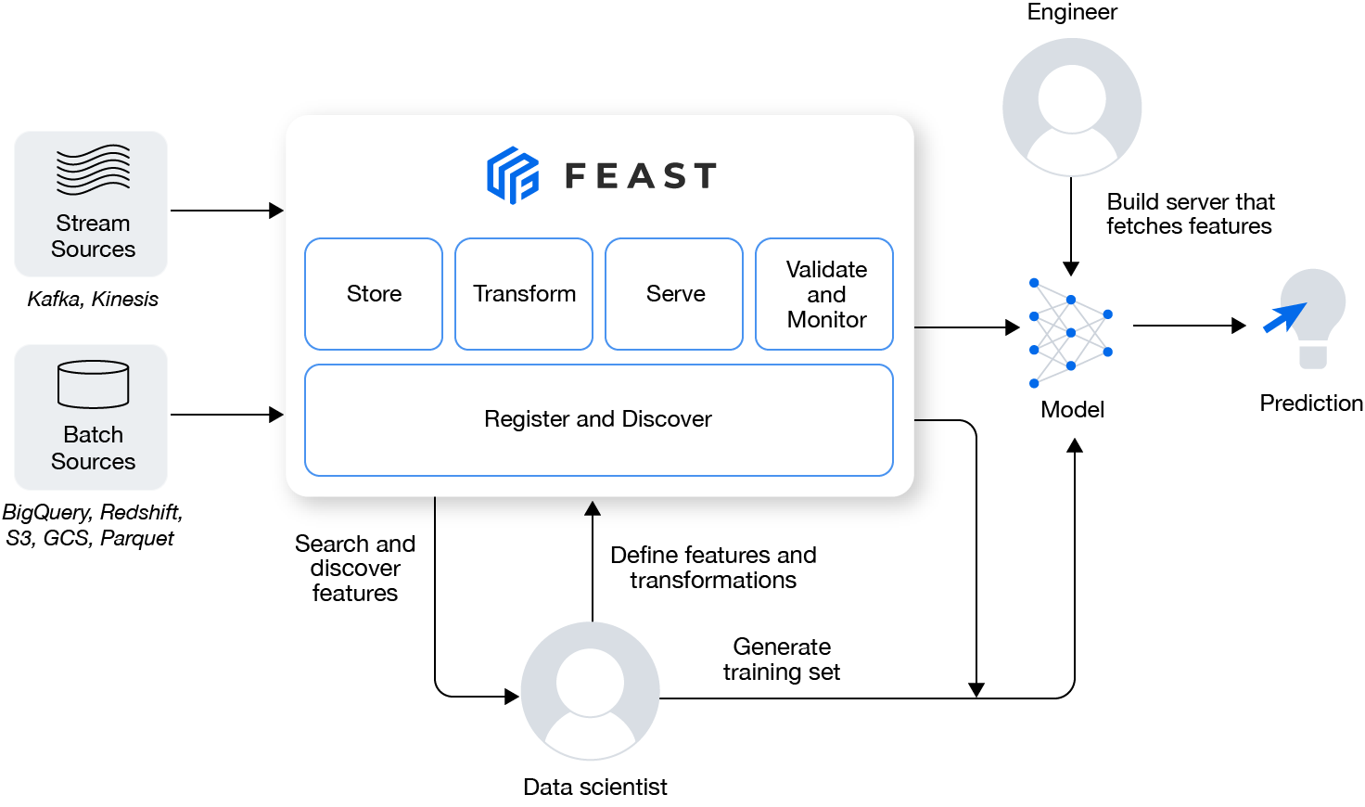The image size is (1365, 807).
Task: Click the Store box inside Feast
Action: [374, 294]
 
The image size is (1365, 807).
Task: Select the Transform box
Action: [524, 294]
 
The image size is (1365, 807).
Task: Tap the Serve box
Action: [674, 294]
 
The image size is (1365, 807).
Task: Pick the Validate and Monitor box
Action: [824, 294]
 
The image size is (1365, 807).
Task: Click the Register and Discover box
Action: [598, 419]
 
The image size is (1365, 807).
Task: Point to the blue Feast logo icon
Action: [513, 174]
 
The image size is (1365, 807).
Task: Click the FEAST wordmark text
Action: [641, 175]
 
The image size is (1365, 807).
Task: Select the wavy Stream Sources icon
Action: [93, 170]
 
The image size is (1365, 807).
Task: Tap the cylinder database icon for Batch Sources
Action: [93, 384]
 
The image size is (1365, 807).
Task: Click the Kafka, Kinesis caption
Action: [93, 299]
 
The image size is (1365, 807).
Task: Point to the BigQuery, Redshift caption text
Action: [93, 513]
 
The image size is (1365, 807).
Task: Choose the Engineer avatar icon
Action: [1072, 107]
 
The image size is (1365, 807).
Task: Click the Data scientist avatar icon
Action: [591, 690]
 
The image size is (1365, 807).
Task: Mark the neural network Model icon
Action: [1071, 332]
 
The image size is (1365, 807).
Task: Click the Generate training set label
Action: [782, 660]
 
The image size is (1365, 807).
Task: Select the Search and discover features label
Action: [355, 569]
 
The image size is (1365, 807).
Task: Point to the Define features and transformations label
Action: [713, 568]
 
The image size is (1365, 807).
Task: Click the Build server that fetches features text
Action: [1190, 214]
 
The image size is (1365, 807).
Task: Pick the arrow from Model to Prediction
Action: [1189, 326]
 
